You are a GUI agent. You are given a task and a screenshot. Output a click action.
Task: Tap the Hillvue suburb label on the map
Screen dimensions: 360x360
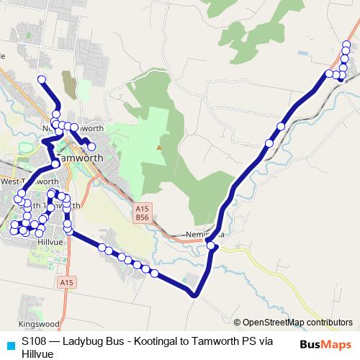(x=48, y=243)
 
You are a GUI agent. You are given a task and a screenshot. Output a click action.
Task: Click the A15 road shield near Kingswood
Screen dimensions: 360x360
(x=66, y=282)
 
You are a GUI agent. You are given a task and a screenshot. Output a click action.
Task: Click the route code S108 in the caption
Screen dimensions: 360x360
(x=35, y=339)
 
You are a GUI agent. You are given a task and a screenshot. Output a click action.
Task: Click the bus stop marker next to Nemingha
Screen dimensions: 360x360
(x=212, y=246)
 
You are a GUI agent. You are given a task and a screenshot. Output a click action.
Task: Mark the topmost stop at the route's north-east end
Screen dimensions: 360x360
(x=346, y=45)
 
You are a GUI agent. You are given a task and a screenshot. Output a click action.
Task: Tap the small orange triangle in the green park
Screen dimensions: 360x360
(x=160, y=148)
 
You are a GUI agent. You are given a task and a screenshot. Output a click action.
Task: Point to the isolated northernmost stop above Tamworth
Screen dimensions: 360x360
(x=41, y=79)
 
